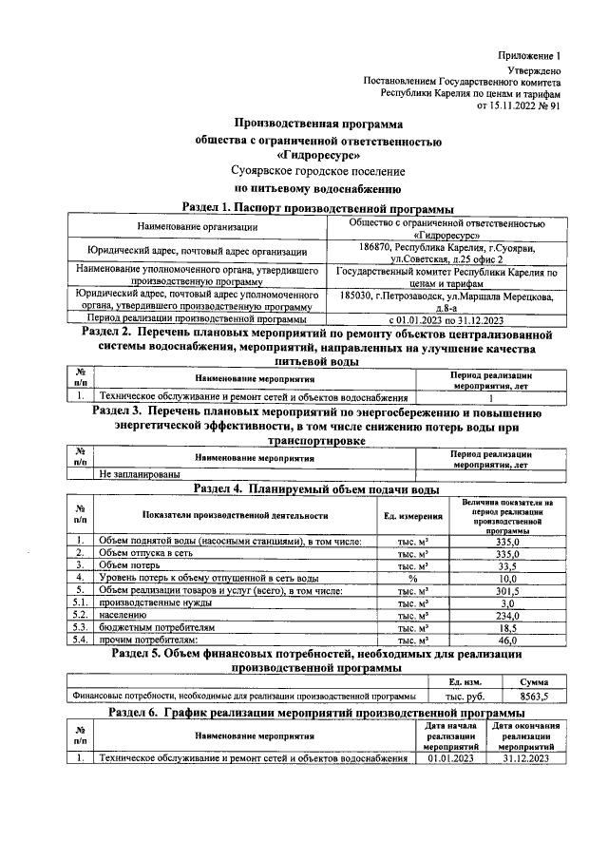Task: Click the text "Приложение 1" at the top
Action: coord(529,56)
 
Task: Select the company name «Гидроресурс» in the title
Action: coord(318,155)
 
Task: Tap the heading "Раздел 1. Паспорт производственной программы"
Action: coord(316,208)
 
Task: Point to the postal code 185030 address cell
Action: coord(446,301)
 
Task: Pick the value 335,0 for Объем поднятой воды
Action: coord(507,540)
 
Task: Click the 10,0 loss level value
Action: coord(507,577)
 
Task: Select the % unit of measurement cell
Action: coord(412,577)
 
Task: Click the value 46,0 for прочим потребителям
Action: coord(507,640)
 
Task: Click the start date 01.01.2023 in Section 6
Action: coord(449,757)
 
